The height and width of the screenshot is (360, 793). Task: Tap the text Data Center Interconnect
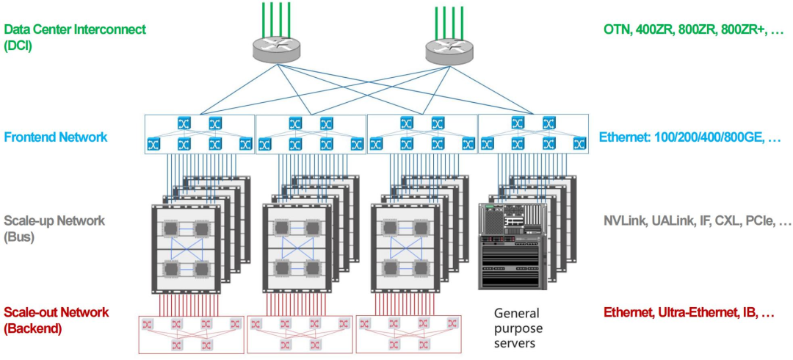pyautogui.click(x=75, y=30)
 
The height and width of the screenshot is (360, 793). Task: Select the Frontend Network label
pyautogui.click(x=56, y=137)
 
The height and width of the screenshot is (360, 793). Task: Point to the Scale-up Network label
pyautogui.click(x=54, y=220)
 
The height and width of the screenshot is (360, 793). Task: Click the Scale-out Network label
pyautogui.click(x=57, y=312)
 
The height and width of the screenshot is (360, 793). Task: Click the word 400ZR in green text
pyautogui.click(x=655, y=30)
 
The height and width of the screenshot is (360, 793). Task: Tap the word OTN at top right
pyautogui.click(x=618, y=30)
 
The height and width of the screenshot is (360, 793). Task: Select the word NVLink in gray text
pyautogui.click(x=625, y=221)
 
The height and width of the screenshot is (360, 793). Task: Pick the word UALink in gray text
pyautogui.click(x=671, y=221)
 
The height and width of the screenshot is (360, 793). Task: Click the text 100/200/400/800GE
pyautogui.click(x=706, y=137)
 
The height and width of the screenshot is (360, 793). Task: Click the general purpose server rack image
pyautogui.click(x=511, y=245)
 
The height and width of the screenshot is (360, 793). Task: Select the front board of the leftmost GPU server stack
pyautogui.click(x=187, y=249)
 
